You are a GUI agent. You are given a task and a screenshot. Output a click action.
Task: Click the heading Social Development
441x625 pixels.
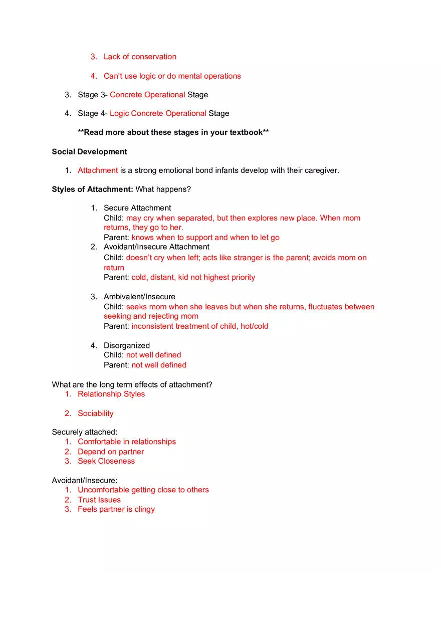[89, 152]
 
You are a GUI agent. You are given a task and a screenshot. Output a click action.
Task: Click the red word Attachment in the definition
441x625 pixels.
[98, 170]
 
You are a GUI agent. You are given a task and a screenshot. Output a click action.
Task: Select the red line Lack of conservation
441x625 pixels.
[140, 57]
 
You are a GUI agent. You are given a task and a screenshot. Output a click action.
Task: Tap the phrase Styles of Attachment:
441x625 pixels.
[92, 189]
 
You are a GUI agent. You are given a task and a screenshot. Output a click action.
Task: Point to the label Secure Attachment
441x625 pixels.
[137, 208]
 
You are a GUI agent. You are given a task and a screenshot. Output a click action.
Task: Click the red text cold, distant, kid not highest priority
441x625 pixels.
[193, 277]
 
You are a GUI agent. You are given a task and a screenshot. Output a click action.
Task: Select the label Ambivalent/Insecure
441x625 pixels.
[139, 297]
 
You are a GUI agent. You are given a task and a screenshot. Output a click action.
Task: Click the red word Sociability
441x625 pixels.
[96, 413]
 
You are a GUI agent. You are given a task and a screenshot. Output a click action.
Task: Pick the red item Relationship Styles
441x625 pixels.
[111, 394]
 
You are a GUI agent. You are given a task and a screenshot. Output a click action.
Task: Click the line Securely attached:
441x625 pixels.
[85, 432]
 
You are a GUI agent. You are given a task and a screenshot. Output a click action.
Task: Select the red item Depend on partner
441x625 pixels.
[111, 452]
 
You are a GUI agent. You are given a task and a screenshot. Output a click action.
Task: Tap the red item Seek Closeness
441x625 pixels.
[106, 461]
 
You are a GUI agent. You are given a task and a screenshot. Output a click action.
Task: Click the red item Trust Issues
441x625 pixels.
[99, 500]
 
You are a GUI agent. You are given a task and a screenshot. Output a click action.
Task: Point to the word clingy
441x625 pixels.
[144, 509]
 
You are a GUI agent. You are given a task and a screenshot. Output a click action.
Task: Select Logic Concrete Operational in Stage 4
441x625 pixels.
[158, 113]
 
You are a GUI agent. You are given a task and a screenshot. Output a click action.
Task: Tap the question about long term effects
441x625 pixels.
[132, 385]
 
